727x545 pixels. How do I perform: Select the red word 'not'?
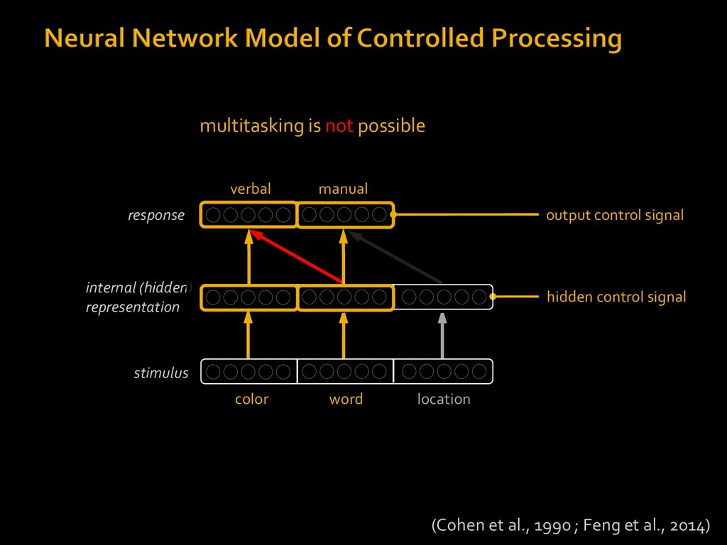click(339, 126)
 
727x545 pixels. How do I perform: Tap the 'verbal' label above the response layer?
click(251, 189)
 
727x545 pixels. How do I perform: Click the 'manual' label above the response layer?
click(343, 189)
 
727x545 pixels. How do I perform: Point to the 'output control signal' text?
click(615, 215)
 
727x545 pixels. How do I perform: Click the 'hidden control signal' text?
click(616, 297)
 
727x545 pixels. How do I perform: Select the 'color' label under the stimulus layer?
click(252, 399)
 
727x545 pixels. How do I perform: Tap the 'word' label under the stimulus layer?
click(346, 399)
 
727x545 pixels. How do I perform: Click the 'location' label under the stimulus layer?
click(444, 399)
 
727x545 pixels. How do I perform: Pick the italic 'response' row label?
click(156, 216)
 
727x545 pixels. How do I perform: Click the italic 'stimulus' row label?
click(161, 373)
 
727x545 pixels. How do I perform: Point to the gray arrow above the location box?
click(442, 336)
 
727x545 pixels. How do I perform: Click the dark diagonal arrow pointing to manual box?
click(395, 257)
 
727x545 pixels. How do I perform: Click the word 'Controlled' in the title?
click(420, 38)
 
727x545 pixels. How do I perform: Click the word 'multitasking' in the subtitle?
click(252, 126)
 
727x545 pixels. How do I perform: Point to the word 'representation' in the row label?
click(133, 307)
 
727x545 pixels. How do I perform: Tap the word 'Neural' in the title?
click(84, 38)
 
